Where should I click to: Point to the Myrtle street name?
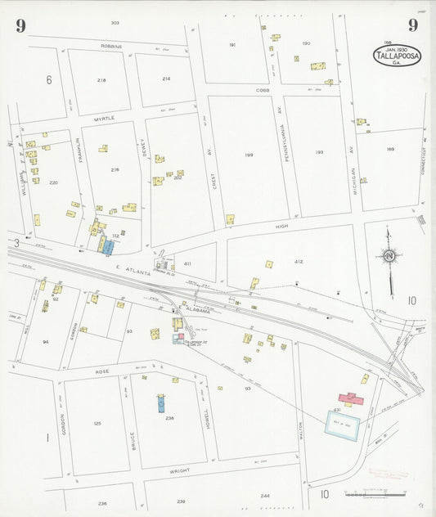point(104,118)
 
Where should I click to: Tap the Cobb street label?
point(262,90)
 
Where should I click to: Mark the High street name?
point(281,226)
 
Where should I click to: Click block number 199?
point(249,155)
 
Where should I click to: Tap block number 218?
point(101,80)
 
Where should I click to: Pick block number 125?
point(97,423)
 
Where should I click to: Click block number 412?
point(299,262)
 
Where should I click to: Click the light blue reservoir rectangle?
point(343,425)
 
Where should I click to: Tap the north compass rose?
point(389,260)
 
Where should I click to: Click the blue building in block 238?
point(161,402)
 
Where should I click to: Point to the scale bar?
point(376,494)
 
